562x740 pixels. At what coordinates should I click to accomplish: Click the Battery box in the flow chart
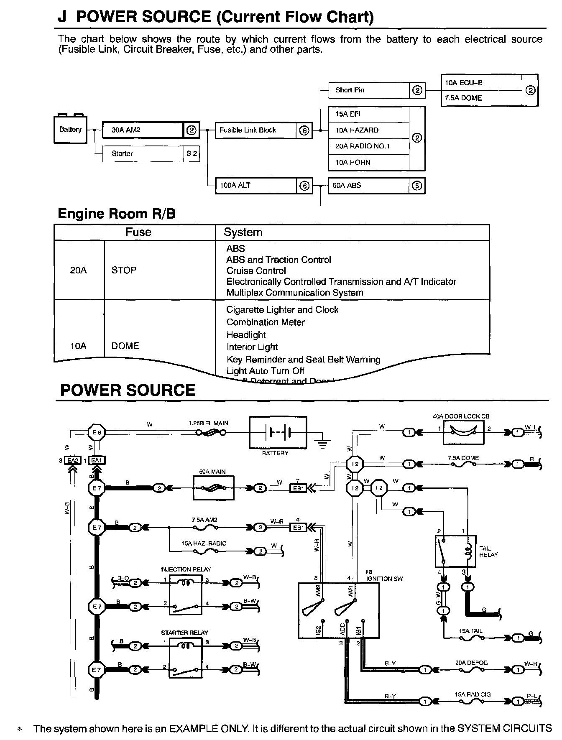pyautogui.click(x=70, y=130)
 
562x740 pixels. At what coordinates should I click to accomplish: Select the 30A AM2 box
pyautogui.click(x=143, y=130)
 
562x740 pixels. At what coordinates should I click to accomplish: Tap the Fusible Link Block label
pyautogui.click(x=248, y=130)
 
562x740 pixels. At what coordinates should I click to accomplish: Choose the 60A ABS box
pyautogui.click(x=368, y=185)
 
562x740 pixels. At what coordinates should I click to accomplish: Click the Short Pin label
pyautogui.click(x=350, y=90)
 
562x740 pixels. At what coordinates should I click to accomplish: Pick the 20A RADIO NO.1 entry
pyautogui.click(x=362, y=146)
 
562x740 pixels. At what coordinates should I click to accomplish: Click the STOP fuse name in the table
pyautogui.click(x=124, y=270)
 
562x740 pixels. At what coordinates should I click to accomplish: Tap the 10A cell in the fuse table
pyautogui.click(x=78, y=346)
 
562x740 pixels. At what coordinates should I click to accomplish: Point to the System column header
pyautogui.click(x=243, y=232)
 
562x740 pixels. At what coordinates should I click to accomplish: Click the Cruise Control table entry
pyautogui.click(x=256, y=271)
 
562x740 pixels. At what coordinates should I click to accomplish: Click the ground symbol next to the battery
pyautogui.click(x=322, y=443)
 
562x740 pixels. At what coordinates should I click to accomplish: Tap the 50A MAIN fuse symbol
pyautogui.click(x=213, y=487)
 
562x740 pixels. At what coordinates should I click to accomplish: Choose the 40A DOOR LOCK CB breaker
pyautogui.click(x=463, y=433)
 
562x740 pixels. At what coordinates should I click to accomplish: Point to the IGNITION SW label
pyautogui.click(x=379, y=579)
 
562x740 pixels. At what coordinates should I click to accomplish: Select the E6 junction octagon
pyautogui.click(x=97, y=433)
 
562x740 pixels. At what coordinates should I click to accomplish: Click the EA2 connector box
pyautogui.click(x=73, y=460)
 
